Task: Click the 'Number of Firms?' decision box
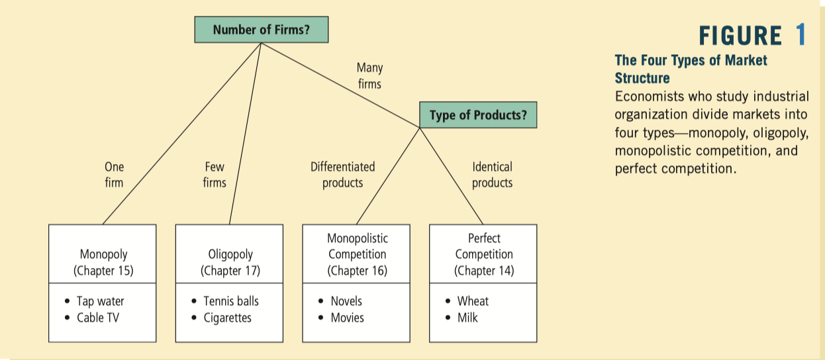261,30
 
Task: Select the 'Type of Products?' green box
478,115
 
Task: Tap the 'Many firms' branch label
369,76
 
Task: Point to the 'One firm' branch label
114,175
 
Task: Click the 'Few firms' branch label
215,175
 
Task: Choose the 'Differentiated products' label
342,175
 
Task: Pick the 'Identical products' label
492,175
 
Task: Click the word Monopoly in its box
103,254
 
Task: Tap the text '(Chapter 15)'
103,270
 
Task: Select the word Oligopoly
230,254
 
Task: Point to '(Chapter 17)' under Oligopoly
230,270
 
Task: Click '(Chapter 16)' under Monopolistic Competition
358,270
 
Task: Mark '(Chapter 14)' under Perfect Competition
484,270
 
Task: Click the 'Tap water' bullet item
100,301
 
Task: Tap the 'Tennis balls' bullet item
230,301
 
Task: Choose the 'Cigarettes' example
227,318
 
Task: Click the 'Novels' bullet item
346,301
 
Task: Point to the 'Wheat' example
473,301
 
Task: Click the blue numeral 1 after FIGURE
801,36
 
